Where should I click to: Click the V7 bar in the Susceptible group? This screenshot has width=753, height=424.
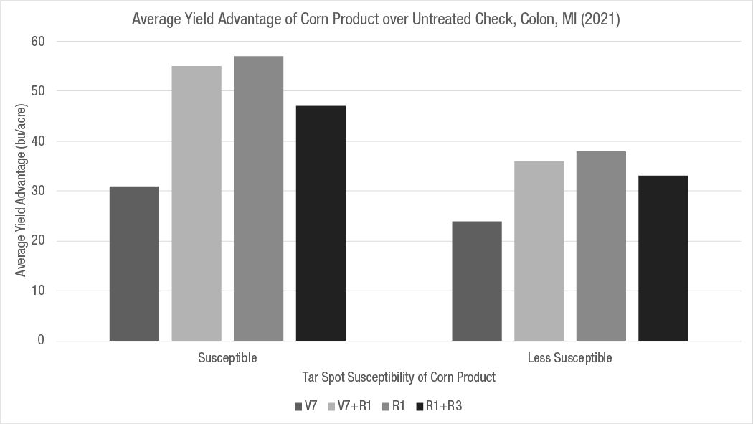pyautogui.click(x=134, y=263)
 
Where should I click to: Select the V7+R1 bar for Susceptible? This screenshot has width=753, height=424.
pyautogui.click(x=196, y=203)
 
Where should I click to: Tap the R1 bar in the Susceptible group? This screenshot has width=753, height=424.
pyautogui.click(x=258, y=198)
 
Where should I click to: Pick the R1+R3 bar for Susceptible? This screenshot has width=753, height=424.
pyautogui.click(x=321, y=223)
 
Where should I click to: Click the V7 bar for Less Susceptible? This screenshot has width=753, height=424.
pyautogui.click(x=476, y=281)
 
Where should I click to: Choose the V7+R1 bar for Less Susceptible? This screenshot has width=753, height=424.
pyautogui.click(x=539, y=250)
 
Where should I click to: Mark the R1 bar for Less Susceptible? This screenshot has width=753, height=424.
pyautogui.click(x=601, y=245)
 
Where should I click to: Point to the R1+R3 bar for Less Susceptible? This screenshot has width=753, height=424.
pyautogui.click(x=663, y=258)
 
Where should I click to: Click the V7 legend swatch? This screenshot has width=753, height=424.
pyautogui.click(x=298, y=407)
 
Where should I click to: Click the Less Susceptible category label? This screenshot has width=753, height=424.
pyautogui.click(x=569, y=357)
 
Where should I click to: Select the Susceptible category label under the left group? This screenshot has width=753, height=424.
pyautogui.click(x=227, y=357)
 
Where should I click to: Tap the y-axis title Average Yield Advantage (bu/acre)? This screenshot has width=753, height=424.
pyautogui.click(x=22, y=192)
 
